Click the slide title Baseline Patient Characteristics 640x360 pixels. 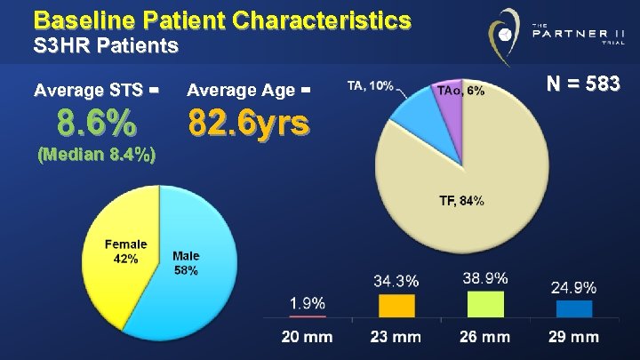coord(222,20)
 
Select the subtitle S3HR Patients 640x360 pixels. coord(106,44)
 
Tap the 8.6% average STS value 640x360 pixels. coord(97,121)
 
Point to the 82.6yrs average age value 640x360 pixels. coord(249,123)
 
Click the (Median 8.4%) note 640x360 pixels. coord(97,156)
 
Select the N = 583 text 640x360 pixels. coord(582,84)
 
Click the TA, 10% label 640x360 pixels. coord(372,86)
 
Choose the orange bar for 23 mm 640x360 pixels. coord(396,306)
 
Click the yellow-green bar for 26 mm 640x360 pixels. coord(484,304)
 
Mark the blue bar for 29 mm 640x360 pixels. coord(573,308)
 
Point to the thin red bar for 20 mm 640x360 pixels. coord(308,316)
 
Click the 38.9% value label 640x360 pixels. coord(484,278)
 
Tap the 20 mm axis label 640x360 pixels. coord(308,337)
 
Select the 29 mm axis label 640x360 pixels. coord(573,337)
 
